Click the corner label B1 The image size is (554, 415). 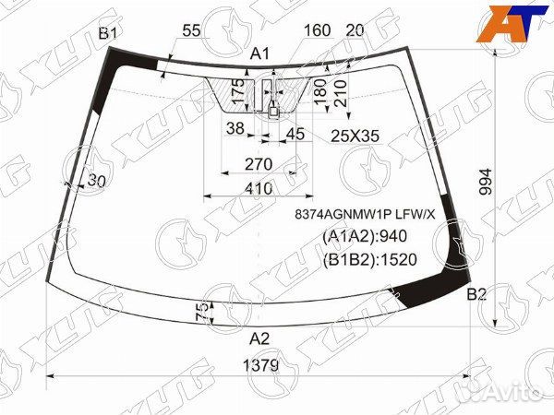click(x=108, y=33)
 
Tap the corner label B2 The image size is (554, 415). click(x=476, y=294)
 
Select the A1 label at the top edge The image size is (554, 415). click(x=259, y=54)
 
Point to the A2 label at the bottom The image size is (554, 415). click(x=259, y=338)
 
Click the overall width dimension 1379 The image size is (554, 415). click(x=261, y=365)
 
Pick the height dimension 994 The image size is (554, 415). click(x=486, y=182)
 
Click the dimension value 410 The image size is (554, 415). click(x=259, y=189)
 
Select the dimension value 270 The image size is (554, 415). click(x=259, y=164)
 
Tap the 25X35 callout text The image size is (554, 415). click(x=355, y=136)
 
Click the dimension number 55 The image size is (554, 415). click(x=191, y=31)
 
